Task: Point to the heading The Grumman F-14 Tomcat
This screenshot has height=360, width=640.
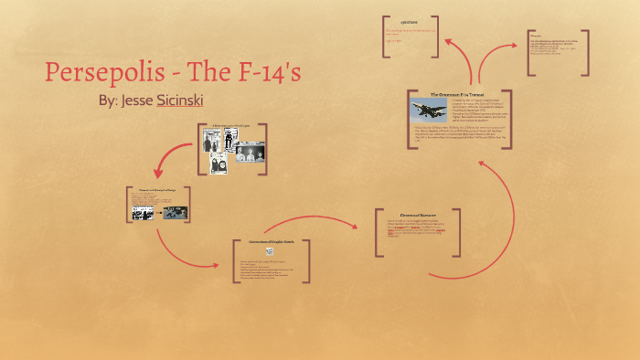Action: (x=457, y=94)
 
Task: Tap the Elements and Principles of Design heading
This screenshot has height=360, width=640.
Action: (x=152, y=190)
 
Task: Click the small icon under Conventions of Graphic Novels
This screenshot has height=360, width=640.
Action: (x=269, y=251)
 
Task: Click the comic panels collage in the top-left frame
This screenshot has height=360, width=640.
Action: (x=227, y=151)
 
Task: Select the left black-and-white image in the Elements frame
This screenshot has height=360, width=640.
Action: (x=142, y=213)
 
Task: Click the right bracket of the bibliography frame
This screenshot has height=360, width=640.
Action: (x=586, y=53)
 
